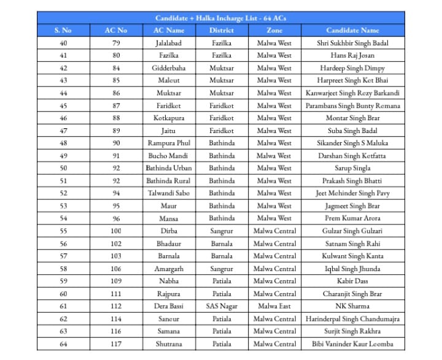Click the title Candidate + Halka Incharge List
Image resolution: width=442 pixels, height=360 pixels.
point(220,18)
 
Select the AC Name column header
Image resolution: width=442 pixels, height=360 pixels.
point(169,30)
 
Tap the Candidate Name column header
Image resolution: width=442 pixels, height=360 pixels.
point(352,30)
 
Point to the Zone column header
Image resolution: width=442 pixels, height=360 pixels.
point(274,30)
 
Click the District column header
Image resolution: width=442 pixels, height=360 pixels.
point(221,30)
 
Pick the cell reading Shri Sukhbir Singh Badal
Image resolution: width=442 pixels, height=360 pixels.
point(352,43)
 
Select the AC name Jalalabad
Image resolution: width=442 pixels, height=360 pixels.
point(169,43)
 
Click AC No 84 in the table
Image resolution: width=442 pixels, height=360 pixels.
point(116,68)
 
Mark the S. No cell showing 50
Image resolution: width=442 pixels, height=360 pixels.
point(63,168)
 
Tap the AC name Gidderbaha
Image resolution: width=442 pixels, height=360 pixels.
point(169,68)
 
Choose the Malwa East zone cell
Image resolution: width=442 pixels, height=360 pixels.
point(274,306)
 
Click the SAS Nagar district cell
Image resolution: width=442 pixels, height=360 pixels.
point(221,306)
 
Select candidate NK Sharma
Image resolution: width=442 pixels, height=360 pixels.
point(352,306)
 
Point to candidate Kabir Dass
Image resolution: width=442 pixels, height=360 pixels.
point(352,281)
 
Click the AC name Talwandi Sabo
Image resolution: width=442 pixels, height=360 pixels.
point(169,193)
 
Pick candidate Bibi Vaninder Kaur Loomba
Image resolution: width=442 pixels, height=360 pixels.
point(352,344)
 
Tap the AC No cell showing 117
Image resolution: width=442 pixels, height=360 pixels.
point(116,344)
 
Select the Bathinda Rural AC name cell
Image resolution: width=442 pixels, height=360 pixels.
point(169,181)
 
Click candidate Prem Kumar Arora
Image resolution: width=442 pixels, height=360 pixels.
point(352,218)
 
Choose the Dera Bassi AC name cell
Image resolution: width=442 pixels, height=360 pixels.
point(169,306)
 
